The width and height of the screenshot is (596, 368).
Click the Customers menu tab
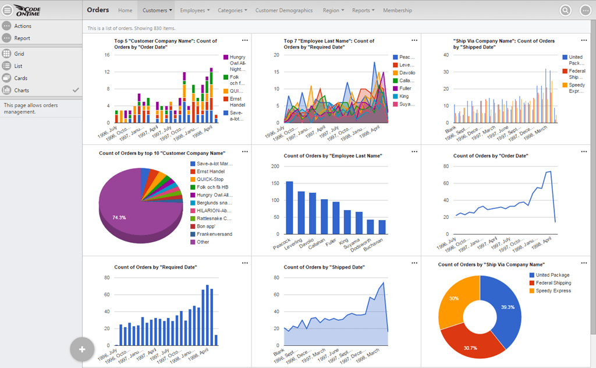point(157,10)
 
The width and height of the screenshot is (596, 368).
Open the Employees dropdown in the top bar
point(195,10)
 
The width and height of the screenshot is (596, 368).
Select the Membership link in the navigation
point(398,10)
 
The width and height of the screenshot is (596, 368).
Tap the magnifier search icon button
point(565,10)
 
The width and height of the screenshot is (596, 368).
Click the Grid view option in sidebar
point(19,54)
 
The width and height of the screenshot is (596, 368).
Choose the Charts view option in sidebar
point(22,90)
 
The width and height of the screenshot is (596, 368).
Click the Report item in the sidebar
point(22,38)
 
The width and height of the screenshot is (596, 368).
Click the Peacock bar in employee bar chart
point(289,208)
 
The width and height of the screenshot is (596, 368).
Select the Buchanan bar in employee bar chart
point(382,227)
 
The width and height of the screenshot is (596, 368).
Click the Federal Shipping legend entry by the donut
point(553,283)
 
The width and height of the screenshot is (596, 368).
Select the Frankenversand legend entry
point(214,234)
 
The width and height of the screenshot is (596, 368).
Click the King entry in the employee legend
point(404,96)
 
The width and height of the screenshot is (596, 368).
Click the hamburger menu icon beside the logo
point(7,10)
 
